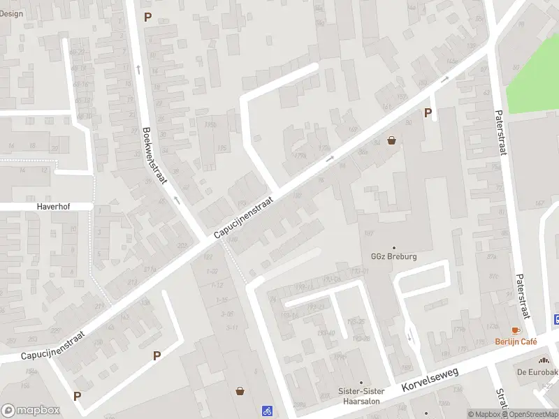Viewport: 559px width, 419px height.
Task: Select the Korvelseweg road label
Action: tap(430, 381)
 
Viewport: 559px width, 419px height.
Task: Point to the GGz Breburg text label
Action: tap(394, 256)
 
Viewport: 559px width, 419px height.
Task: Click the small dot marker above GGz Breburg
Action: tap(394, 247)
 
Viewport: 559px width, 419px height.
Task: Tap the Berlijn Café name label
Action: tap(516, 341)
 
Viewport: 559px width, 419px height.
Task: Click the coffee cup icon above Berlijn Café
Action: tap(516, 330)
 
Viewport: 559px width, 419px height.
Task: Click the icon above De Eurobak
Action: tap(543, 360)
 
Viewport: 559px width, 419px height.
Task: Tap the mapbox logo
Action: tap(31, 410)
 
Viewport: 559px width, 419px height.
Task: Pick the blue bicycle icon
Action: tap(266, 411)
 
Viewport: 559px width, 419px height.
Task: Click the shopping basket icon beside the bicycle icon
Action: tap(241, 391)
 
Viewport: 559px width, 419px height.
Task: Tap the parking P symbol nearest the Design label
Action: tap(147, 17)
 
